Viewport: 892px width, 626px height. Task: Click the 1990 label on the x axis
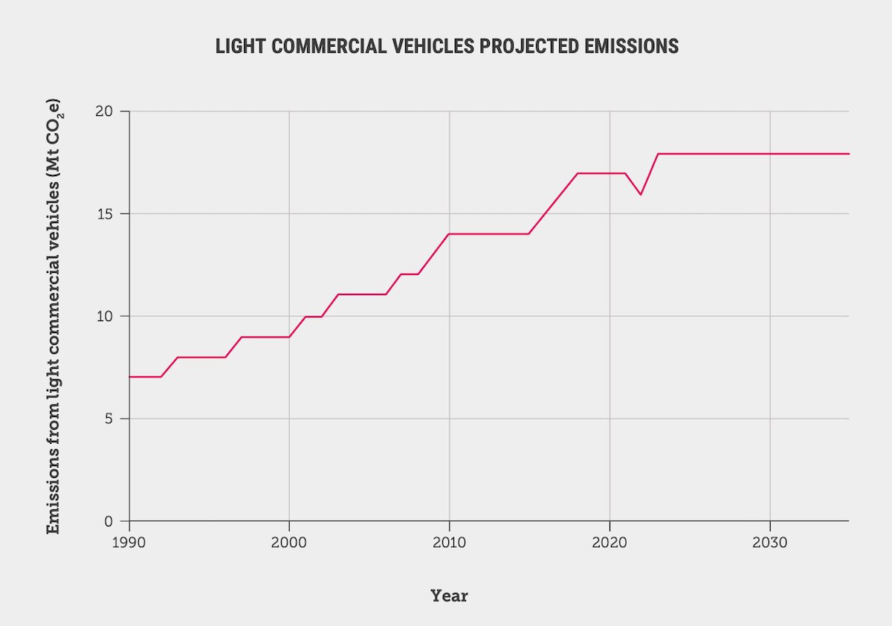(129, 542)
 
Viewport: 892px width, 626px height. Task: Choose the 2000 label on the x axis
(289, 542)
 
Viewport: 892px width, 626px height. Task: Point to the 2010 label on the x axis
(449, 542)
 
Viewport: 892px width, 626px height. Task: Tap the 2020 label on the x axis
(610, 542)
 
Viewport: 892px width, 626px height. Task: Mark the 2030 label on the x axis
(769, 542)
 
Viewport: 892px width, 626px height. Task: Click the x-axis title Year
(449, 596)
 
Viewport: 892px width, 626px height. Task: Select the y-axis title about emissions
(54, 316)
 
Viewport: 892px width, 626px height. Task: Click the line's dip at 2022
(641, 194)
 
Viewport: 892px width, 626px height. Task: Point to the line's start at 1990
(130, 377)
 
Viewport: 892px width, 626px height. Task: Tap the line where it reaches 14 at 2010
(449, 234)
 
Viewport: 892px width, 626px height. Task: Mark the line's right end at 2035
(848, 153)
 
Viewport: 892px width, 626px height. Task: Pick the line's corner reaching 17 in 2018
(578, 173)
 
